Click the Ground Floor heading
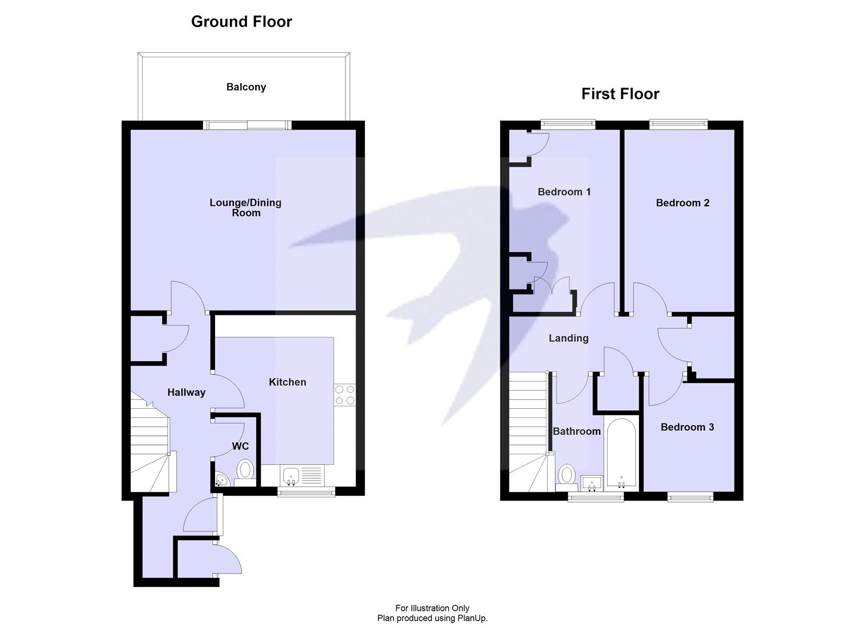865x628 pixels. coord(241,22)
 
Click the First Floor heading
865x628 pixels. coord(620,94)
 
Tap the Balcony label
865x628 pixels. coord(246,87)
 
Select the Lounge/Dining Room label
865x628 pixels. coord(245,207)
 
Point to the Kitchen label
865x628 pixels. coord(287,382)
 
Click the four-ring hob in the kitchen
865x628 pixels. coord(344,395)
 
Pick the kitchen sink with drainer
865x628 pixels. coord(303,476)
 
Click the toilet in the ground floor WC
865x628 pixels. coord(245,470)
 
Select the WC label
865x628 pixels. coord(240,446)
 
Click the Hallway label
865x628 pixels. coord(186,393)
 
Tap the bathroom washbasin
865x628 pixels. coord(593,482)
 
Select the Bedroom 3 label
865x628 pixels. coord(687,427)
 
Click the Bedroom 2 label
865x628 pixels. coord(682,203)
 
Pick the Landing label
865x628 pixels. coord(568,339)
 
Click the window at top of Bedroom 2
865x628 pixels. coord(678,125)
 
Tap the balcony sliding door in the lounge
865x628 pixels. coord(248,125)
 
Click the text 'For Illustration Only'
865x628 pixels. coord(432,608)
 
